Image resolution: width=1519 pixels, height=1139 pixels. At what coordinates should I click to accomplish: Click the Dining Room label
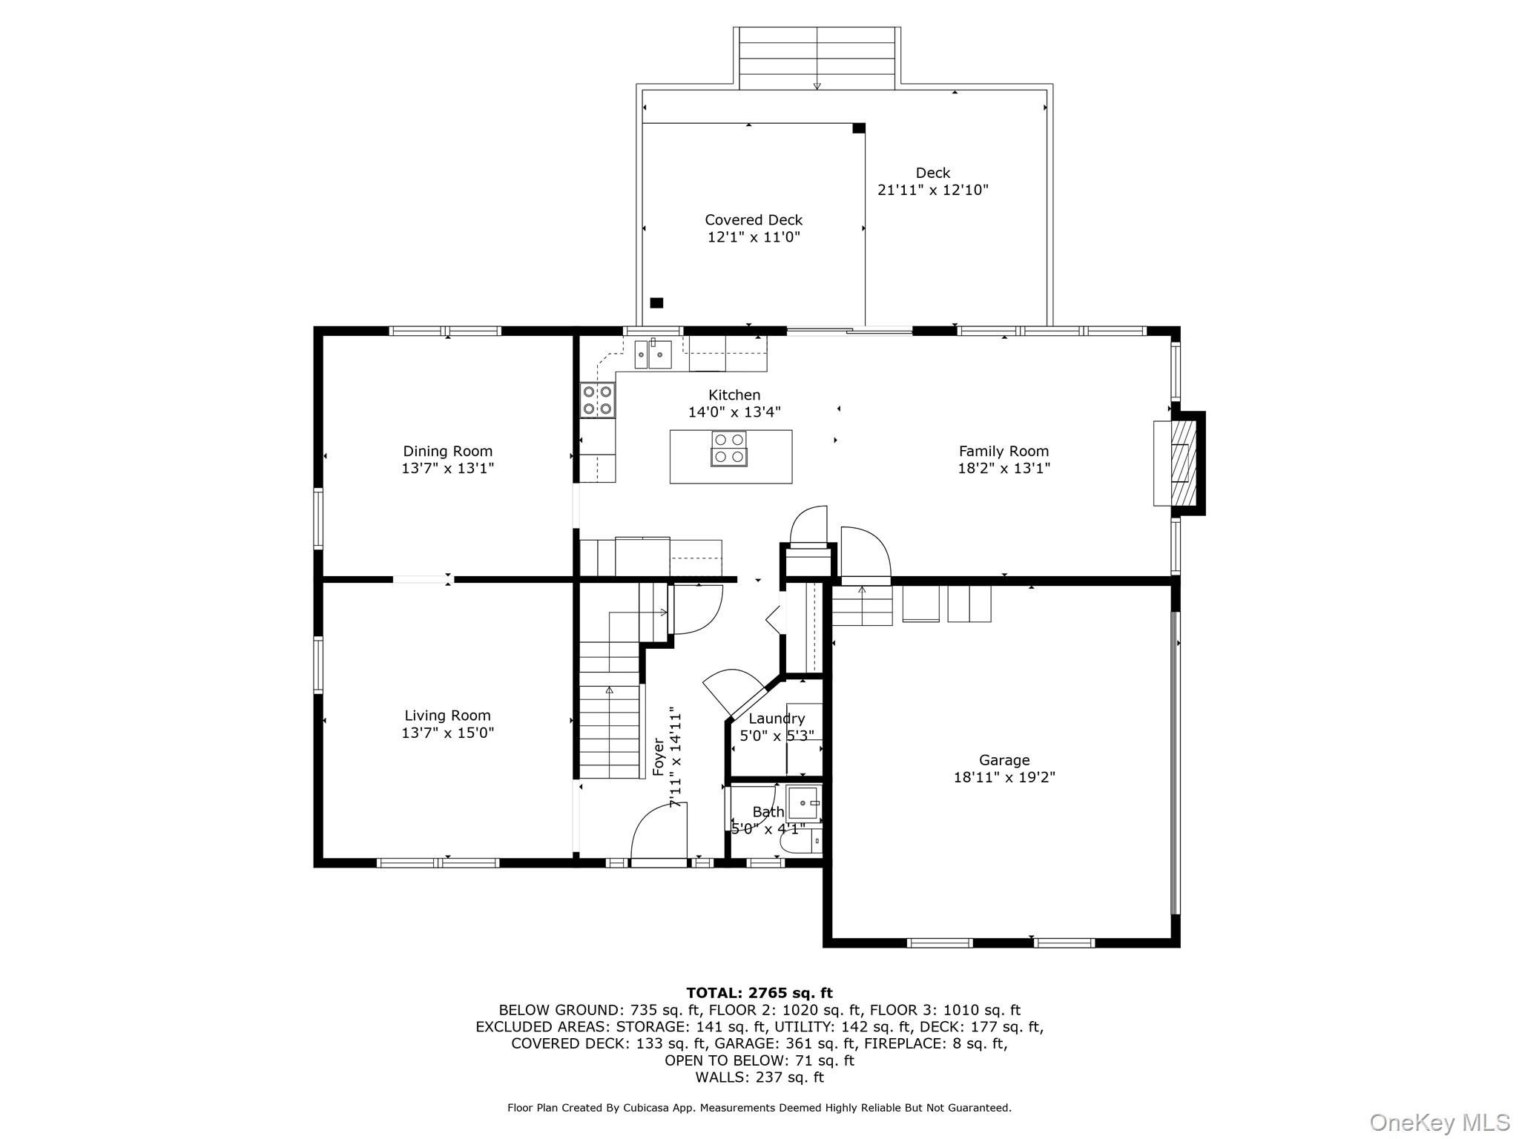point(447,451)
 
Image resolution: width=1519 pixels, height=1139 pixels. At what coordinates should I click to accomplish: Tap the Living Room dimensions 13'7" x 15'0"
point(447,733)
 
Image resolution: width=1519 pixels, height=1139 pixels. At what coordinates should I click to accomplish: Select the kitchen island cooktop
point(728,449)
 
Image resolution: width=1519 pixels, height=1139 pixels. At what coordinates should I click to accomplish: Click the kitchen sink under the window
point(653,354)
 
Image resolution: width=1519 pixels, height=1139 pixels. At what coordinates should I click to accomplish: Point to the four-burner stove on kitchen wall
point(597,400)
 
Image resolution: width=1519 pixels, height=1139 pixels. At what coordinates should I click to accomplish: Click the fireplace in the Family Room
point(1179,463)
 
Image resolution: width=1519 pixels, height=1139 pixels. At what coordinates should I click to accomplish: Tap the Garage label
point(1004,759)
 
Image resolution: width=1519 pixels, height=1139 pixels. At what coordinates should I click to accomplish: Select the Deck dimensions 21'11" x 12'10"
point(932,190)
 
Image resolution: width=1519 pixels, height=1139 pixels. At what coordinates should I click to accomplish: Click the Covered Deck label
point(754,219)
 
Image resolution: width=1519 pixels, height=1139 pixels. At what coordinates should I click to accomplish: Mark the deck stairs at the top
point(817,59)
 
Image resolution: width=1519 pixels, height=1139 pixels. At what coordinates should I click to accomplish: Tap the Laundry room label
point(777,719)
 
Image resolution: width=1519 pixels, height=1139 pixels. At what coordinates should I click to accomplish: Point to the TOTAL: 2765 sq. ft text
point(759,993)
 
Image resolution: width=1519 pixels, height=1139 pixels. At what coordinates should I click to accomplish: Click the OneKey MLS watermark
point(1439,1122)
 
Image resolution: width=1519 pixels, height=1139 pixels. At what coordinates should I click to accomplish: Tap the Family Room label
point(1004,451)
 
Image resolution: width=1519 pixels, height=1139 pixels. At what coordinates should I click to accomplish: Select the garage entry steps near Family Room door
point(862,606)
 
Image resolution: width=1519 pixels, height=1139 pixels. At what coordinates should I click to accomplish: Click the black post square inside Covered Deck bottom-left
point(656,303)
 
